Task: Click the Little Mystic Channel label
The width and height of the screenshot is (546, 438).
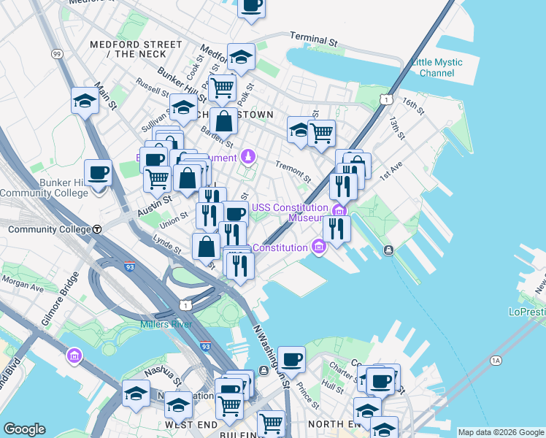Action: pyautogui.click(x=437, y=68)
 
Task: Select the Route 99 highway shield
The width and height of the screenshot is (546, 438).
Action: pyautogui.click(x=57, y=53)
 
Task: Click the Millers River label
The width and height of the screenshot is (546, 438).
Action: pyautogui.click(x=166, y=323)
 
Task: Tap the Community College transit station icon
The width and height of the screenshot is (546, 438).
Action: pyautogui.click(x=96, y=228)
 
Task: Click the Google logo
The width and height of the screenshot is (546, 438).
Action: pyautogui.click(x=24, y=429)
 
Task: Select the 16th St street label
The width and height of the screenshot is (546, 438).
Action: pyautogui.click(x=412, y=106)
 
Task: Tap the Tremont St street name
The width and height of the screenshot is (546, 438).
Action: pyautogui.click(x=293, y=172)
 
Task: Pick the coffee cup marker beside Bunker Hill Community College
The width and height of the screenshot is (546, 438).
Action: pyautogui.click(x=98, y=174)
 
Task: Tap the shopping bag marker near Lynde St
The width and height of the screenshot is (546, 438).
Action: pyautogui.click(x=207, y=246)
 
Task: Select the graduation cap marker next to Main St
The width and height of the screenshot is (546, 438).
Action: pyautogui.click(x=85, y=101)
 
